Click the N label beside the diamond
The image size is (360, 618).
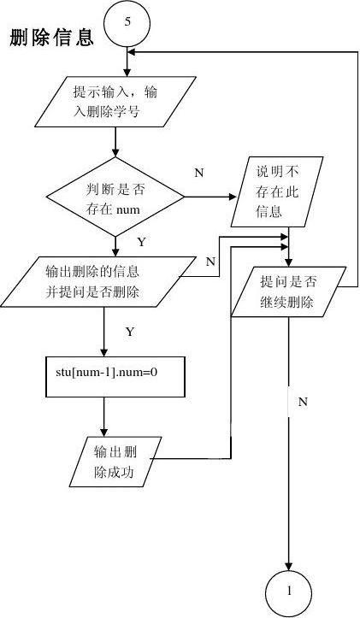pos(198,174)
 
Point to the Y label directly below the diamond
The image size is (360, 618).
pos(141,242)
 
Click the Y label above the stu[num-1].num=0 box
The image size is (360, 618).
pos(129,330)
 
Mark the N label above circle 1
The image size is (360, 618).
pos(303,400)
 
